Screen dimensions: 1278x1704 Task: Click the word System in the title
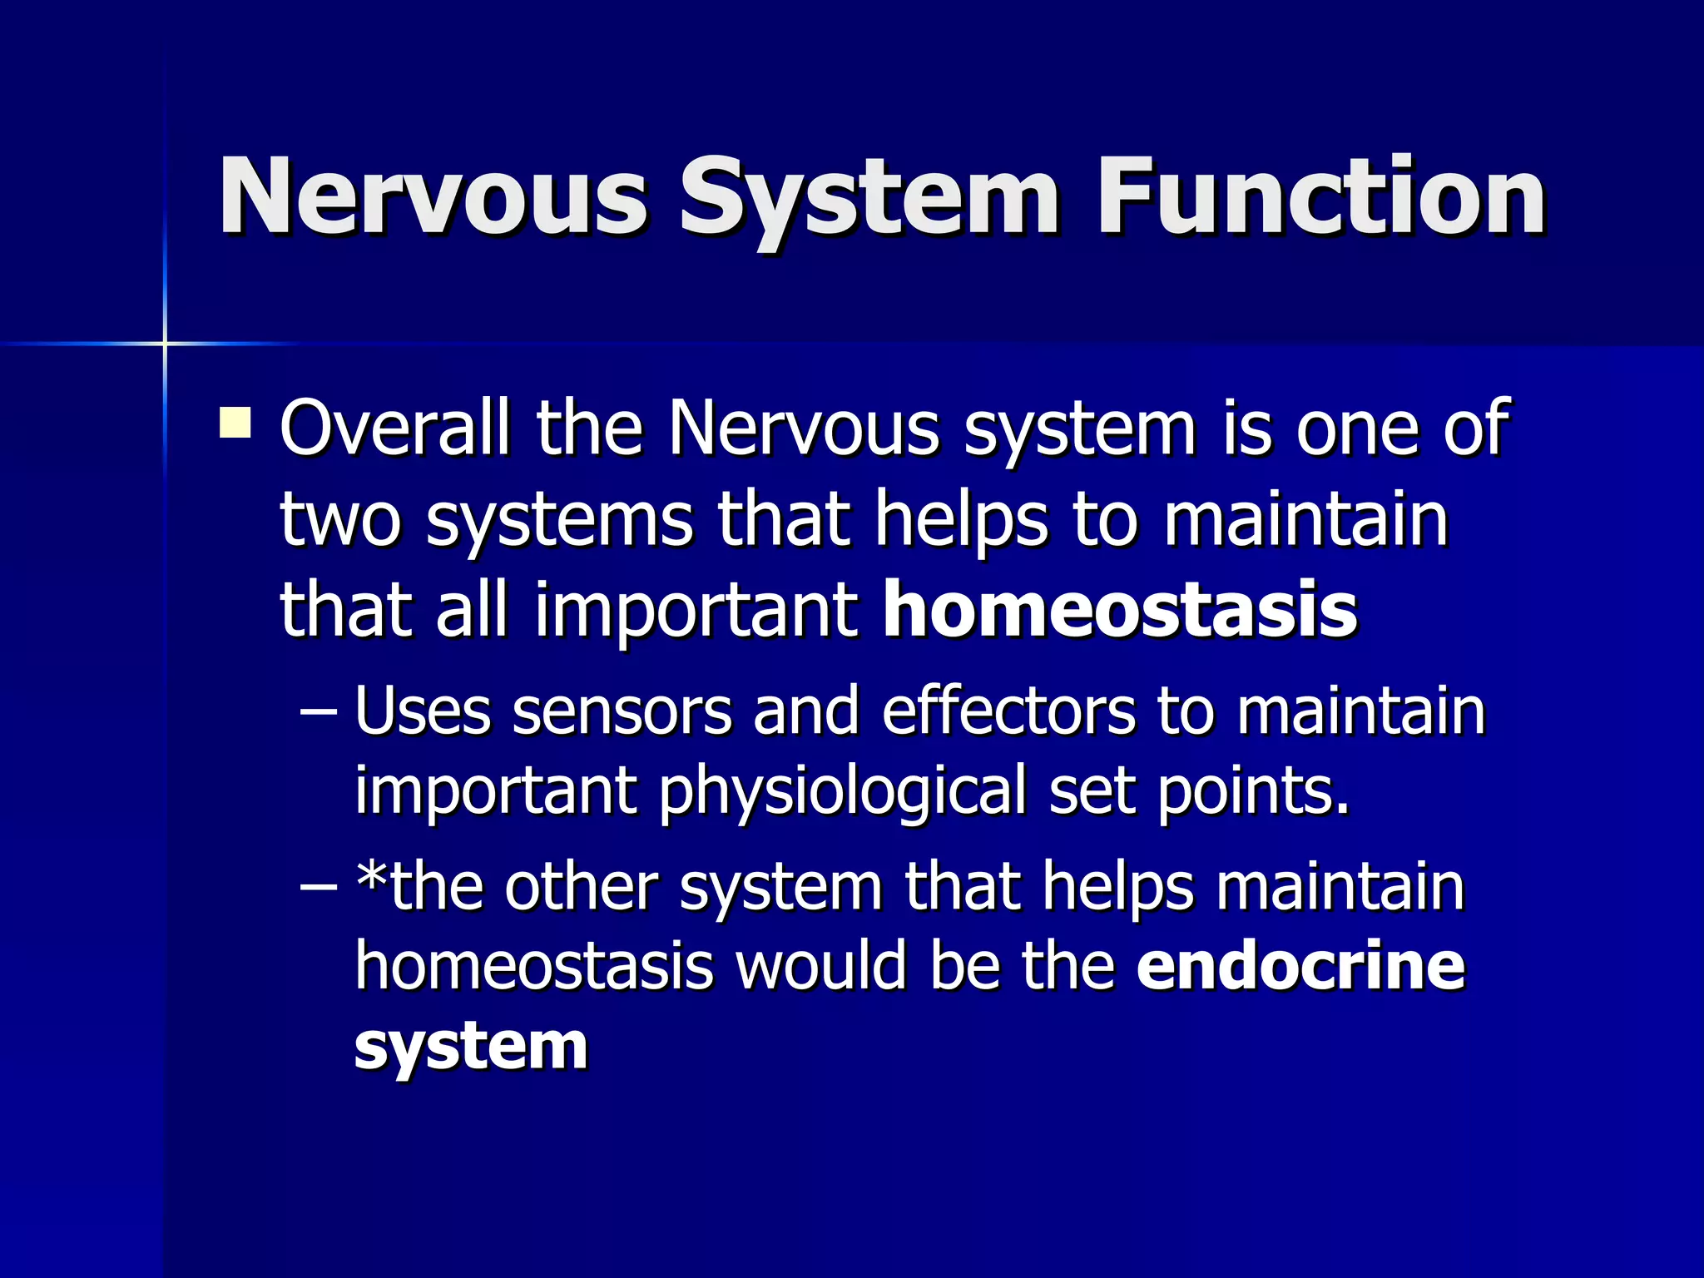tap(869, 200)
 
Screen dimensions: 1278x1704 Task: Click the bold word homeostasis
tap(1120, 610)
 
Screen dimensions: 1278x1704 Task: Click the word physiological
tap(844, 790)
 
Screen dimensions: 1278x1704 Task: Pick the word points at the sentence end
tap(1253, 790)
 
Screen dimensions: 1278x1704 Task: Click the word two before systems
tap(341, 520)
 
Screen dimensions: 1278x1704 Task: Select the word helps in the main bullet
tap(962, 520)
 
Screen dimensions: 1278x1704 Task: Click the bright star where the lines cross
tap(165, 343)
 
